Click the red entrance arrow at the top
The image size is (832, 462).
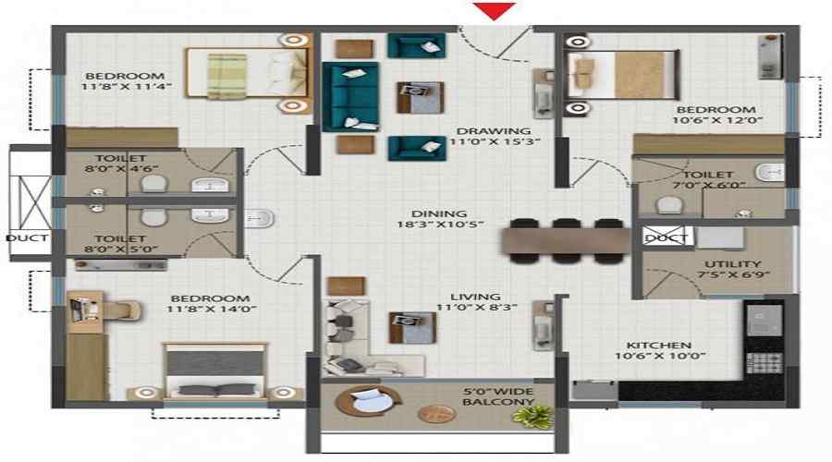pos(495,10)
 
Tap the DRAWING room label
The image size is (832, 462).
pos(494,130)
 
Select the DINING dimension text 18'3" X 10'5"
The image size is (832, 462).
pos(440,225)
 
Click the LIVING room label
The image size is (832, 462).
pos(475,297)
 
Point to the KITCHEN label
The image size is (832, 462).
pos(658,345)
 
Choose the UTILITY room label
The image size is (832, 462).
pos(732,263)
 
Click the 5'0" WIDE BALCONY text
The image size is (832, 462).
pos(498,396)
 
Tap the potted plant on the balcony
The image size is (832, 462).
pos(532,417)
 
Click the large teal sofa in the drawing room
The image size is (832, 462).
pos(350,96)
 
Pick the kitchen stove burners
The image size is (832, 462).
pos(765,364)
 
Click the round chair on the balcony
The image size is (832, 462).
pos(368,402)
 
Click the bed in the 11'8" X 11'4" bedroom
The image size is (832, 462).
pos(247,73)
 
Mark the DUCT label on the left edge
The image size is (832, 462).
pos(27,238)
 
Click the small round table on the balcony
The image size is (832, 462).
pos(437,414)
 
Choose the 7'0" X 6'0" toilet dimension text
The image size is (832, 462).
pos(709,185)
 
